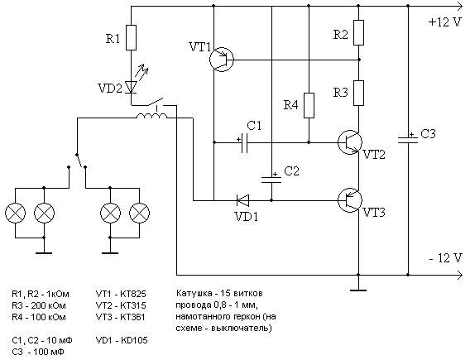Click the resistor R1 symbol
point(131,38)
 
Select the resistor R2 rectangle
point(359,32)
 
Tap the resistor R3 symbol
point(359,93)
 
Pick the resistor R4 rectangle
point(309,105)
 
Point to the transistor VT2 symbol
point(350,142)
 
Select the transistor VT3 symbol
point(350,200)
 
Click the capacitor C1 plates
point(245,142)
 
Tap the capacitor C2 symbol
point(271,180)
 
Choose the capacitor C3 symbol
point(408,140)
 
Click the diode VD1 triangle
point(242,200)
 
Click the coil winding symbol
point(152,116)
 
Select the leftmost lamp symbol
point(15,214)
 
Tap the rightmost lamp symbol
point(139,214)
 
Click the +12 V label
point(444,22)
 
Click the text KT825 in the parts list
point(133,294)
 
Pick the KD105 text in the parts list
point(134,340)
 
